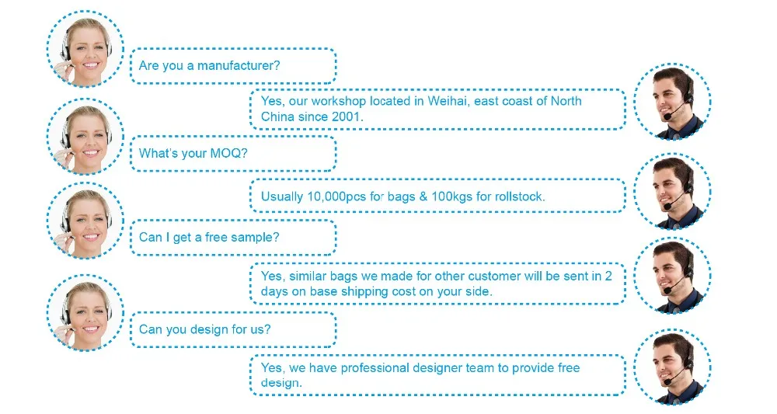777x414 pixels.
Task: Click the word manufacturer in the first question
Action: [239, 65]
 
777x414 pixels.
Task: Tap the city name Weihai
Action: [448, 101]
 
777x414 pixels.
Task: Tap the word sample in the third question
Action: [260, 238]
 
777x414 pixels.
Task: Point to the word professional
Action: [375, 368]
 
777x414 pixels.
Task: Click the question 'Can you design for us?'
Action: [204, 329]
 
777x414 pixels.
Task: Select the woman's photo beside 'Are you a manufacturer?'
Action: [85, 49]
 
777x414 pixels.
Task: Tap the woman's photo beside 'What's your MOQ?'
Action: [85, 137]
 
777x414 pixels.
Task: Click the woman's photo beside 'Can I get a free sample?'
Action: [85, 221]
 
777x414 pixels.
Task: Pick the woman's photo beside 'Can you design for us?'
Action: [85, 313]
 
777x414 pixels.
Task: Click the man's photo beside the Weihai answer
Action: [672, 102]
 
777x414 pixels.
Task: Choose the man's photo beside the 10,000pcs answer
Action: [672, 192]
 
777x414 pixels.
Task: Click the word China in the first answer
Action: [277, 117]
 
